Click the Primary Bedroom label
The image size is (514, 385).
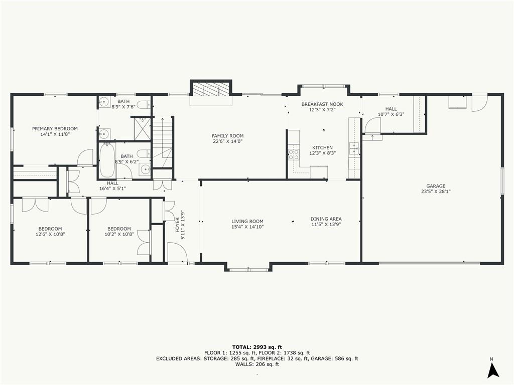tap(55, 129)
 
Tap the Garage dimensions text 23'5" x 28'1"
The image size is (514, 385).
tap(436, 191)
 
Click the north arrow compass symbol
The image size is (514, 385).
tap(493, 370)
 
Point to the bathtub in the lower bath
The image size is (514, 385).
tap(107, 160)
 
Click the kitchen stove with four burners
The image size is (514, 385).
tap(293, 154)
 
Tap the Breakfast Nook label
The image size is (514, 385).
tap(322, 104)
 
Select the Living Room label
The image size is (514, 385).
tap(247, 221)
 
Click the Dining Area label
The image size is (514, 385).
tap(326, 219)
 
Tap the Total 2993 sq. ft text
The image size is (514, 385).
tap(257, 347)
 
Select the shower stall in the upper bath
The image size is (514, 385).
tap(143, 128)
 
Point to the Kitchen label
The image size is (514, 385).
tap(322, 147)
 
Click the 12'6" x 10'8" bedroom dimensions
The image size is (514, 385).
tap(50, 234)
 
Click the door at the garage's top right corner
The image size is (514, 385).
tap(479, 102)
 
